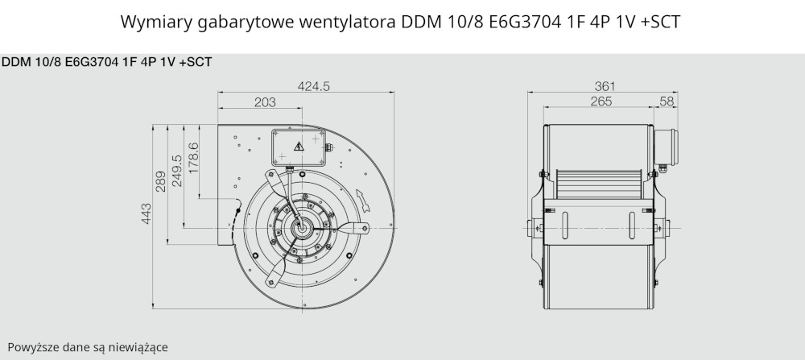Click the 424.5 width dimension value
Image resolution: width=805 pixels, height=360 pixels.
pyautogui.click(x=314, y=86)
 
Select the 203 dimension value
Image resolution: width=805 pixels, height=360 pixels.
pyautogui.click(x=265, y=102)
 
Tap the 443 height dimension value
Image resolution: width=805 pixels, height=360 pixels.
pyautogui.click(x=146, y=213)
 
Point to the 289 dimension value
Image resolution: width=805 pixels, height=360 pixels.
pyautogui.click(x=161, y=181)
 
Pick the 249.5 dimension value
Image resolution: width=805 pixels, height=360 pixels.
pyautogui.click(x=176, y=171)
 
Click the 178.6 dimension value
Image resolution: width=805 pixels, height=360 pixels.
pyautogui.click(x=193, y=158)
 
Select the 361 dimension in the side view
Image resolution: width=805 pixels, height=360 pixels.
pyautogui.click(x=605, y=86)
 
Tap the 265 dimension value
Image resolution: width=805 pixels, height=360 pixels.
pyautogui.click(x=601, y=101)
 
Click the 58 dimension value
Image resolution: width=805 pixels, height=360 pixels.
pyautogui.click(x=667, y=101)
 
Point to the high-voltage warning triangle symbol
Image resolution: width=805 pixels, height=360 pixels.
pyautogui.click(x=299, y=147)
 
